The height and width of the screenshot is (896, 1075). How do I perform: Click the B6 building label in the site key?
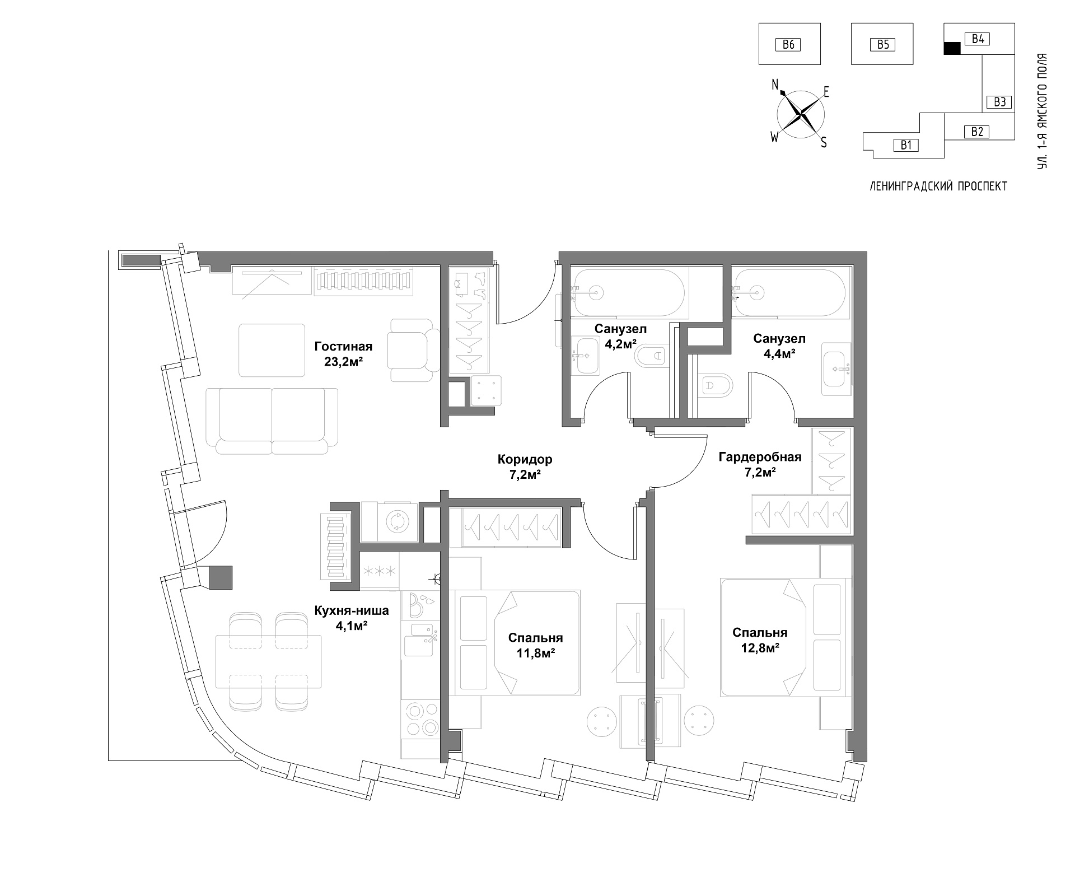point(788,44)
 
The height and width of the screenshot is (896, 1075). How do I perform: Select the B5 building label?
point(883,44)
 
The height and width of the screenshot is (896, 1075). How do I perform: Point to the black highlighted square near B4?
point(952,49)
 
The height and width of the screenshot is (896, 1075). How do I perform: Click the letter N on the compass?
point(775,85)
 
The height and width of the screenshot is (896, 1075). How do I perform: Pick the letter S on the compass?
point(824,143)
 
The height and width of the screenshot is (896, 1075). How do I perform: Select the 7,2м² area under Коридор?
point(525,475)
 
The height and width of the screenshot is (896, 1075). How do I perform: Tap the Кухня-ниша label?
point(351,610)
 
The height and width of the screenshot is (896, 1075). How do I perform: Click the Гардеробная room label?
point(760,457)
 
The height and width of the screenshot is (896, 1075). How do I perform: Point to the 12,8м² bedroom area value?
point(760,648)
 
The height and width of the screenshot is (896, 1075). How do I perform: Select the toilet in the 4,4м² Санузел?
point(717,385)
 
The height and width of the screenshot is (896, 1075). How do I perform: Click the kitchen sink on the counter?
point(419,640)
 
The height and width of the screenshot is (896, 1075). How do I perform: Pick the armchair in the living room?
point(415,350)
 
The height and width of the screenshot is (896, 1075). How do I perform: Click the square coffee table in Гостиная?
point(272,350)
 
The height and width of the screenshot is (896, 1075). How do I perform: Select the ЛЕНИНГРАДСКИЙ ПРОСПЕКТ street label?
point(938,186)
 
